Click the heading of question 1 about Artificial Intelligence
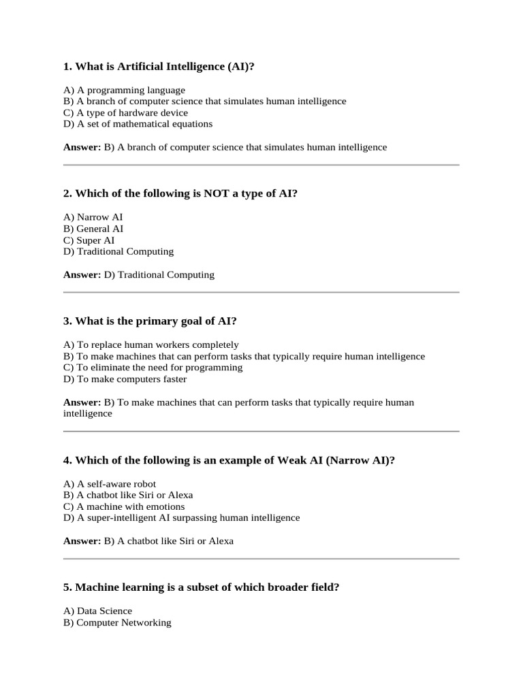tap(163, 66)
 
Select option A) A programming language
tap(124, 90)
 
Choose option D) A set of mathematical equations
tap(138, 124)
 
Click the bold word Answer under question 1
tap(82, 147)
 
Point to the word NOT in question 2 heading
tap(217, 193)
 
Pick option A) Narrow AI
tap(93, 217)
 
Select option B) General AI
tap(93, 229)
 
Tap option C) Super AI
tap(89, 240)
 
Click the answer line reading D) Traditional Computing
tap(159, 275)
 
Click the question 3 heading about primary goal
tap(150, 321)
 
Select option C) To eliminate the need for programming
tap(153, 368)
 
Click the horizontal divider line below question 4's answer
tap(261, 559)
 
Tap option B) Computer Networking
tap(117, 623)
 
